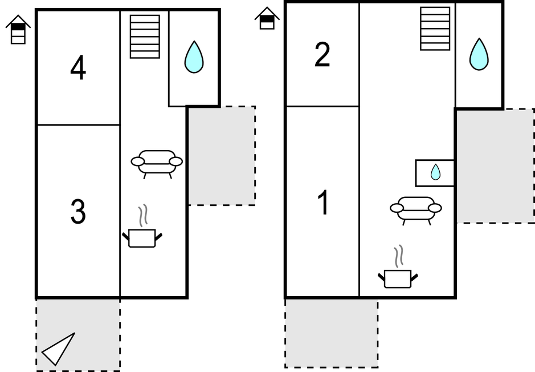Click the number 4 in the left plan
coord(78,69)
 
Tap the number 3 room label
coord(78,212)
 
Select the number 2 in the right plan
coord(322,55)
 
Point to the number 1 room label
coord(323,203)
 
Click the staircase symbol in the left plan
coord(145,37)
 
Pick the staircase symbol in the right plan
coord(435,29)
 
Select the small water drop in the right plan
coord(435,172)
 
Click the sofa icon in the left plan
coord(157,163)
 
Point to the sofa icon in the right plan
coord(416,209)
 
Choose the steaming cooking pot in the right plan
coord(398,277)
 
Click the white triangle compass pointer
coord(59,349)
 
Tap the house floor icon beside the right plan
coord(267,19)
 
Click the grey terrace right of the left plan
coord(222,155)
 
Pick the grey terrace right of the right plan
coord(495,165)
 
